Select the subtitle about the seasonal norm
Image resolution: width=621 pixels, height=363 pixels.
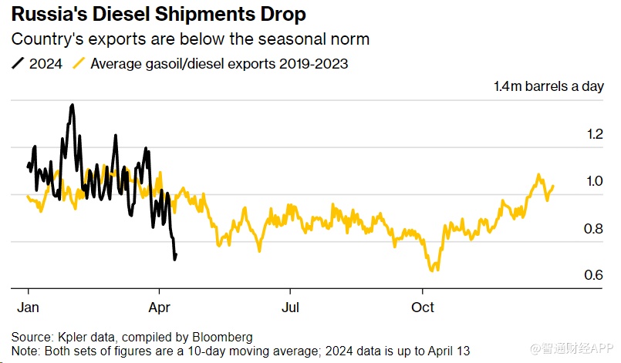point(190,39)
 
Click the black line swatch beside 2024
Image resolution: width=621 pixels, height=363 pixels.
point(18,64)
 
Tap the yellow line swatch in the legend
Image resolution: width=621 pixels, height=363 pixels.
point(79,64)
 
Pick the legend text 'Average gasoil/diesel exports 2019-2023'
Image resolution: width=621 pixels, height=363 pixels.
point(219,64)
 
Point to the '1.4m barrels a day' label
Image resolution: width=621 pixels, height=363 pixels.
point(548,86)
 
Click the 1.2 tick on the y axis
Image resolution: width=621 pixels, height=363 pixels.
point(594,134)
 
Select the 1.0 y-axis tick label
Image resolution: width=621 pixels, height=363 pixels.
point(594,181)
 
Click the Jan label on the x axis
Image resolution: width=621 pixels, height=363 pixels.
point(29,307)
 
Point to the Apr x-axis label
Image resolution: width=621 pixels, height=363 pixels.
point(159,307)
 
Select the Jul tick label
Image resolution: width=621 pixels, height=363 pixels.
point(290,307)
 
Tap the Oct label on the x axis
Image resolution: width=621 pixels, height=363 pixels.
point(423,307)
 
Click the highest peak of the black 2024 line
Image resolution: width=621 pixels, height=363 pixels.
point(72,105)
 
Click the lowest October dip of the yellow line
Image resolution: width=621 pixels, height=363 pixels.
point(434,271)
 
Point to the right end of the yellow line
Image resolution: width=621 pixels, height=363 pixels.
point(553,186)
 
